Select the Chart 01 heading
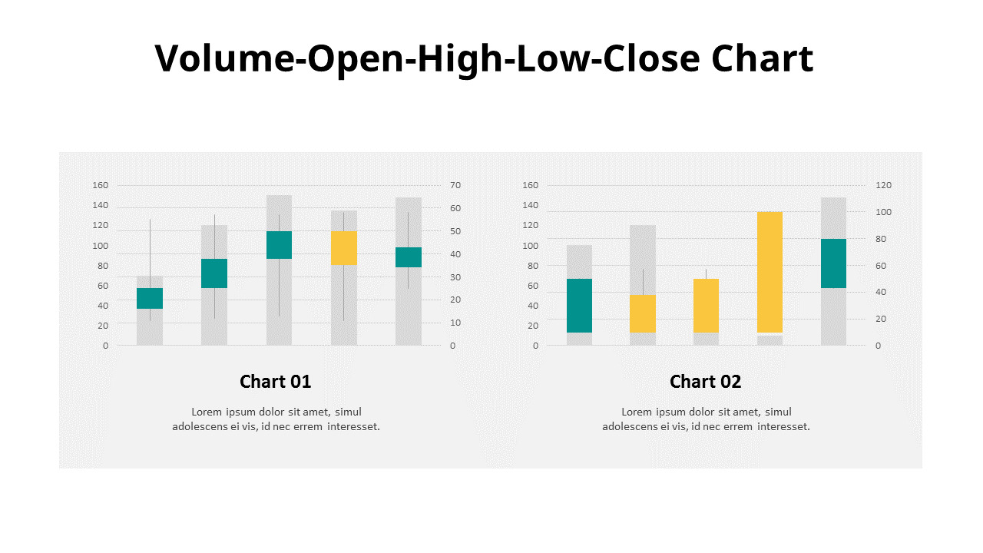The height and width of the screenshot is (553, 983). [x=275, y=382]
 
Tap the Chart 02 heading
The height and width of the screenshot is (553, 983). [x=705, y=382]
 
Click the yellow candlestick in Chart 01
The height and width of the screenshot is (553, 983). [x=344, y=248]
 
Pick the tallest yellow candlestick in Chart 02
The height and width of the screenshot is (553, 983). [x=770, y=272]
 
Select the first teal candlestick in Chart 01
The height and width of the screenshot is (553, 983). [x=150, y=298]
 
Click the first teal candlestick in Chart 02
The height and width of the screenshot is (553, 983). [x=579, y=306]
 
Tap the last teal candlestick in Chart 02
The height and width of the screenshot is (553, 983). [x=833, y=263]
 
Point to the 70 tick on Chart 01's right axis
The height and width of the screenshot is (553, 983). [x=455, y=185]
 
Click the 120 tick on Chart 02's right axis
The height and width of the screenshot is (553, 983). [x=884, y=185]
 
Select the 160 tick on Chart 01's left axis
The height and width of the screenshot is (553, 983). [x=101, y=185]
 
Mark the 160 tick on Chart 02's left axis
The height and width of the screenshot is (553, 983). [x=531, y=185]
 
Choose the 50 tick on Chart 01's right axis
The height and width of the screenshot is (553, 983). [x=455, y=231]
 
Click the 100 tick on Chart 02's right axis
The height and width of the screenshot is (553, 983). [x=884, y=212]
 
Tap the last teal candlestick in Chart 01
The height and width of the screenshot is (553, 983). [x=409, y=257]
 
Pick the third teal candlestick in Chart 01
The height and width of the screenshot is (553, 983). [x=279, y=245]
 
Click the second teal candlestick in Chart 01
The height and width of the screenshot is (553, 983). [x=214, y=273]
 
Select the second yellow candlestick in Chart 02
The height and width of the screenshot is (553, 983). [x=706, y=306]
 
